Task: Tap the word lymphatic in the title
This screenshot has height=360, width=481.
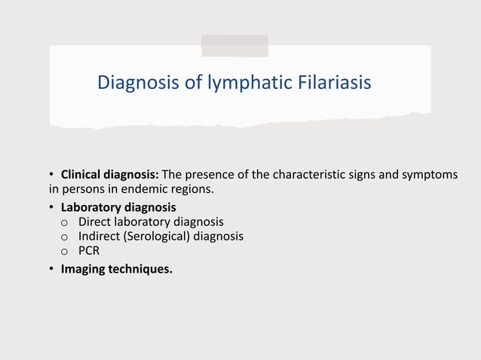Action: pyautogui.click(x=243, y=83)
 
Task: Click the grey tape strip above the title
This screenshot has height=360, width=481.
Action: pyautogui.click(x=234, y=45)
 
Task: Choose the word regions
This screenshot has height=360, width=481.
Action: pyautogui.click(x=191, y=189)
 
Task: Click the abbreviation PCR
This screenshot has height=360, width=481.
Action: pyautogui.click(x=89, y=250)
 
